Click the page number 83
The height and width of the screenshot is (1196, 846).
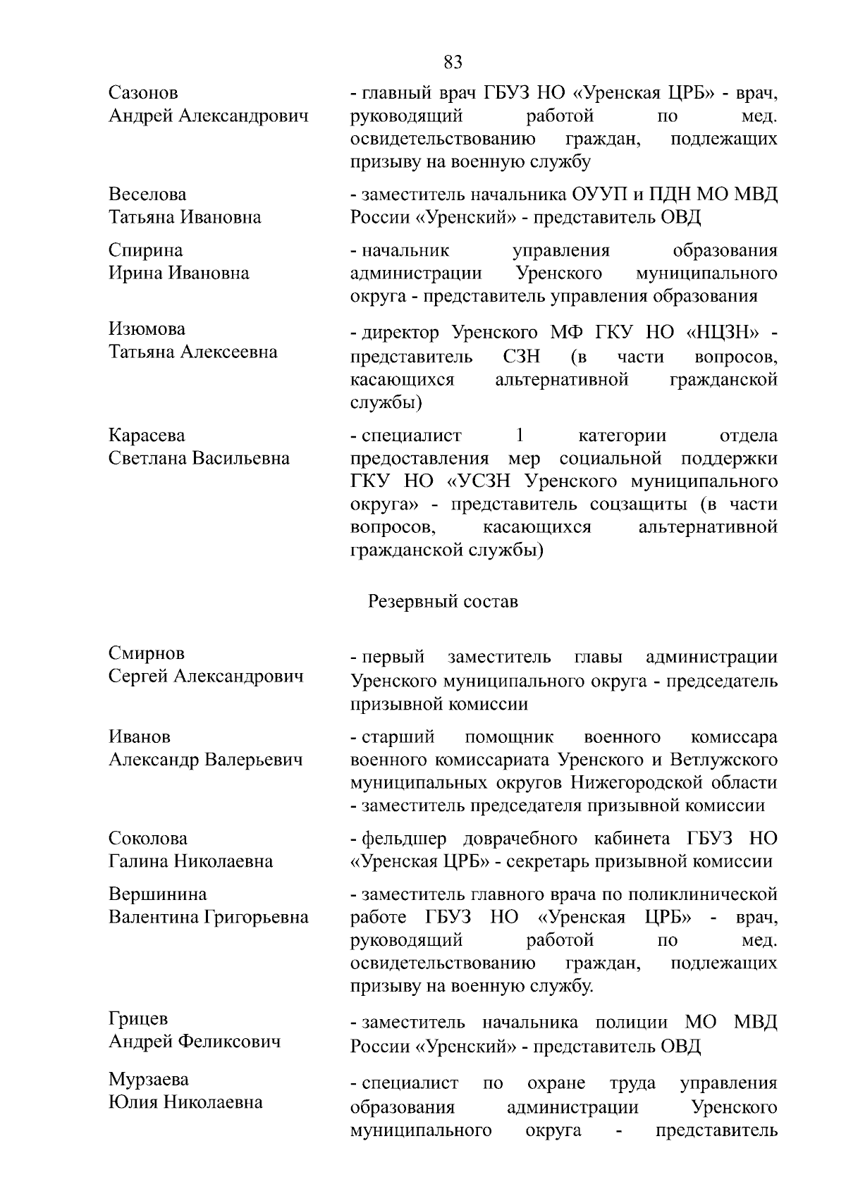coord(453,63)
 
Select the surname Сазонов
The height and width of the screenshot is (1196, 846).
coord(143,92)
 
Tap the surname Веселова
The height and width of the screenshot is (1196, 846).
coord(147,194)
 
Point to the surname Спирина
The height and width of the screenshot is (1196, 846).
coord(145,250)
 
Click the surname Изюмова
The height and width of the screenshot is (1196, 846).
coord(147,329)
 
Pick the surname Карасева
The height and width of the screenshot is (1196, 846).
coord(147,436)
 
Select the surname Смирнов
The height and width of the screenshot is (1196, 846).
coord(146,653)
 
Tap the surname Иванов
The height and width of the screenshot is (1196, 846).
coord(139,736)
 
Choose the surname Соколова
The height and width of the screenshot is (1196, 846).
coord(148,838)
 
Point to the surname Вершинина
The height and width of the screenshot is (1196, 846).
coord(157,894)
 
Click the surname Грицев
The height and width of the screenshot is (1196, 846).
coord(138,1018)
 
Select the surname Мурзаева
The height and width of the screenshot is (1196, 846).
coord(148,1080)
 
